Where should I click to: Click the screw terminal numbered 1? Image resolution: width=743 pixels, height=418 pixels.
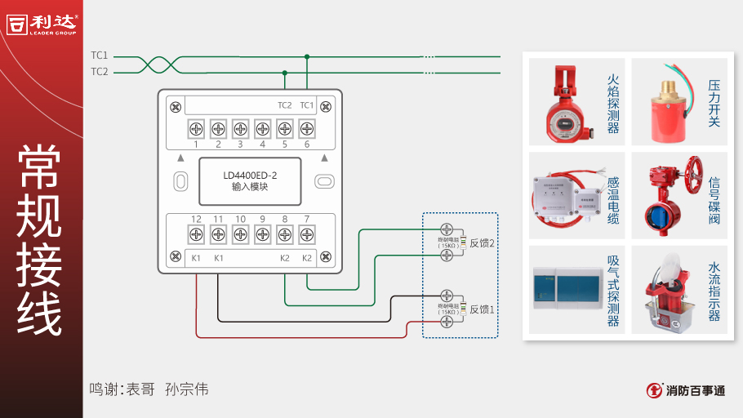[196, 128]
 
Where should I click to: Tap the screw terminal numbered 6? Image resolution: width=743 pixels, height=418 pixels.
[307, 128]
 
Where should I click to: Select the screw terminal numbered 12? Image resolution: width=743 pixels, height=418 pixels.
[196, 234]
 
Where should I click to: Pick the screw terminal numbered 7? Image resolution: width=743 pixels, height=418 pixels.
[307, 234]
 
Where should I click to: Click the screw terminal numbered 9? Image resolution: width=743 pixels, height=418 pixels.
[262, 234]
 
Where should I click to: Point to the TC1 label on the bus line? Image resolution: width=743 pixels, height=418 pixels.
[99, 56]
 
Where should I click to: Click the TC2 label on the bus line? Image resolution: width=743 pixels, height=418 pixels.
[99, 72]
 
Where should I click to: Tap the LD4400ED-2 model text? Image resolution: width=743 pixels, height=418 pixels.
[250, 175]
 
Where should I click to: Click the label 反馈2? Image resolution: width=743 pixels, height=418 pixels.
[482, 243]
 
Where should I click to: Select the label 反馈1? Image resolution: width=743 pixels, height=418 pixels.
[482, 309]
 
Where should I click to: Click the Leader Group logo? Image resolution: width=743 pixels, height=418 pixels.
[42, 24]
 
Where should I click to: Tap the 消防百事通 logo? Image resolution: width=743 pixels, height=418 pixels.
[685, 390]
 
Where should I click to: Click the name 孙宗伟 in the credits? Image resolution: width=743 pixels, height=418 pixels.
[186, 389]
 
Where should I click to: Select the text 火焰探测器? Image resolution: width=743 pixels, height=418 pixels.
[613, 104]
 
